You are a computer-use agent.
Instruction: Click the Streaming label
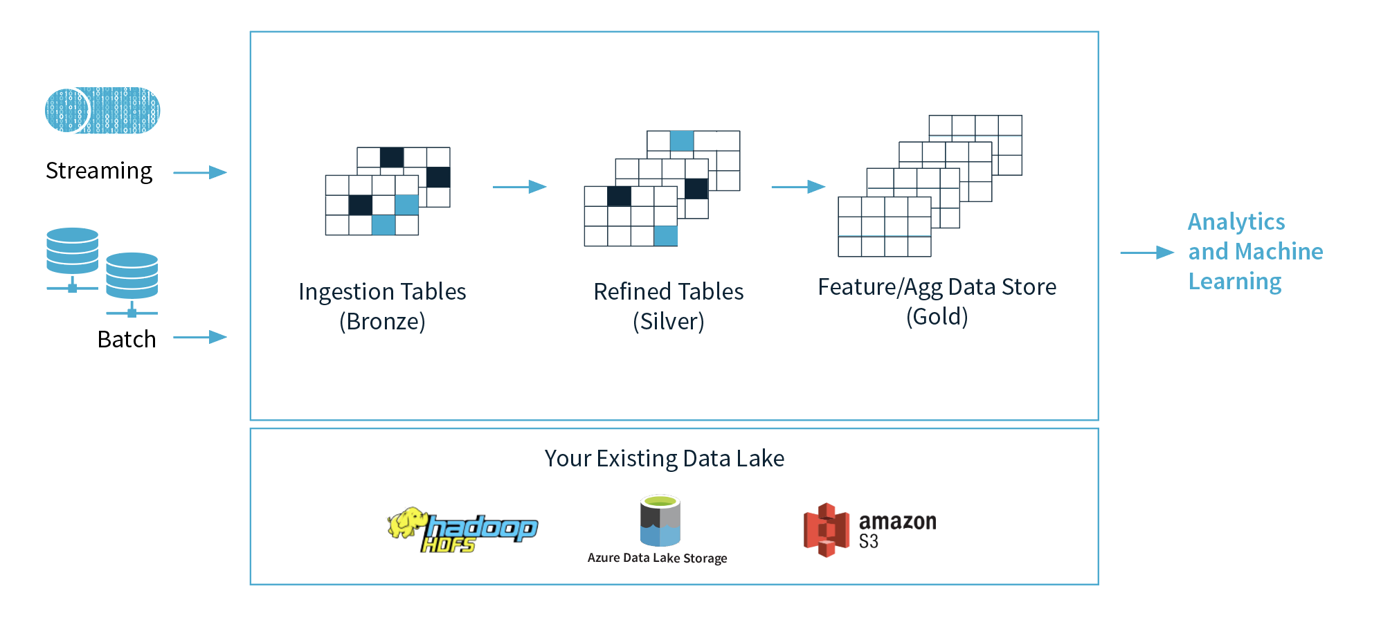click(x=99, y=171)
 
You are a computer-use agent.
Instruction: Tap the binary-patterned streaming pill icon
click(x=102, y=110)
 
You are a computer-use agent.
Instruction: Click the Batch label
click(x=127, y=340)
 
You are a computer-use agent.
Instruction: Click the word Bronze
click(x=382, y=322)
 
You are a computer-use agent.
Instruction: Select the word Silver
click(x=669, y=322)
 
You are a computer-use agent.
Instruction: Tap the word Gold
click(x=937, y=317)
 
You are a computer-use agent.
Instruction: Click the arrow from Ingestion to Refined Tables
click(x=519, y=187)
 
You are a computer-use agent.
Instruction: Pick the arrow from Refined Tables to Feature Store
click(x=798, y=187)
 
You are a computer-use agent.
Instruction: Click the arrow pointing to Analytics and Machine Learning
click(x=1147, y=253)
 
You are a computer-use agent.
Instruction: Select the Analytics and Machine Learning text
click(x=1255, y=251)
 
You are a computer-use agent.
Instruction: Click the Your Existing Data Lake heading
click(x=665, y=459)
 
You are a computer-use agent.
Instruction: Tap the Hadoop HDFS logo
click(x=462, y=531)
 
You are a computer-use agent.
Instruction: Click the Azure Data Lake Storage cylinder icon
click(x=660, y=520)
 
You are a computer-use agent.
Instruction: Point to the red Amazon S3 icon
click(x=826, y=530)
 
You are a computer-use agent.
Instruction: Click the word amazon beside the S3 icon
click(x=897, y=522)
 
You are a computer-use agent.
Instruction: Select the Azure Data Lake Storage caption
click(x=657, y=558)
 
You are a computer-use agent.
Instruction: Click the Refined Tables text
click(x=669, y=292)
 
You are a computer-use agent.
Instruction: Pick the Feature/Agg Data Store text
click(x=937, y=287)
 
